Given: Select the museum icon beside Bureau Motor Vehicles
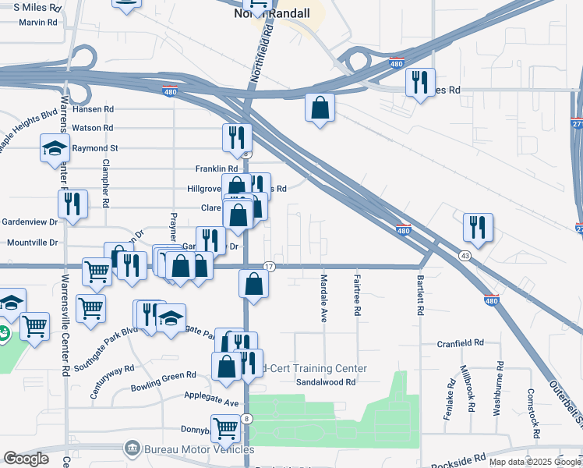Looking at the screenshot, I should click(131, 448).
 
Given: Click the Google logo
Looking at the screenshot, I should click(26, 459).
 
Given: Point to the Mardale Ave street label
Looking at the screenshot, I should click(323, 299).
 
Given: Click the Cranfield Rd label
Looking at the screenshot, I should click(460, 342).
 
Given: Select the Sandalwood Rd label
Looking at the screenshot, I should click(325, 382).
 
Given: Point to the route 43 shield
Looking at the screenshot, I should click(465, 256).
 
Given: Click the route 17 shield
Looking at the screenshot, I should click(268, 267).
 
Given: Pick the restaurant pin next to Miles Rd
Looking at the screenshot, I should click(420, 82).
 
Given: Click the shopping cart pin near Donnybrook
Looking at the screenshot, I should click(225, 427).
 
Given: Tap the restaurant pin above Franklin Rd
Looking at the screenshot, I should click(237, 137).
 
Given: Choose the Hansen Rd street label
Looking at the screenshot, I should click(93, 109).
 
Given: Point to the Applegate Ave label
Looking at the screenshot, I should click(210, 399).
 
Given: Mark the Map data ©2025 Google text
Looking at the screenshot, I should click(533, 462).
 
